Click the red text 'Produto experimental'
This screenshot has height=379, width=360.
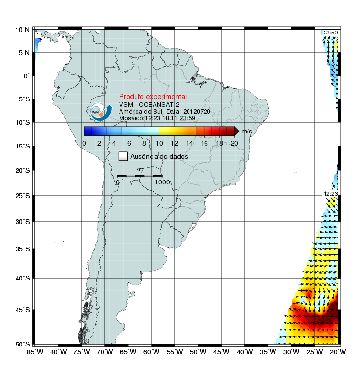[153, 97]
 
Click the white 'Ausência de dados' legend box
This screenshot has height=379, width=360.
[123, 156]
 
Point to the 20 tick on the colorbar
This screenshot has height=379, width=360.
[234, 143]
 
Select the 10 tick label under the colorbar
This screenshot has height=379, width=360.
[159, 143]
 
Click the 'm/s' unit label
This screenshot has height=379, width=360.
[246, 131]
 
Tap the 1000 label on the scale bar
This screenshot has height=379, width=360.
[162, 182]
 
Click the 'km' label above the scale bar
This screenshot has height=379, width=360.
[140, 169]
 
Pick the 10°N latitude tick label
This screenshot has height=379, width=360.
[22, 30]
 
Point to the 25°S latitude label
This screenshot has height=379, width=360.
[22, 196]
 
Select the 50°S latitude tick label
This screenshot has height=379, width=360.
[22, 344]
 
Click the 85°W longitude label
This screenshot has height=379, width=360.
[35, 351]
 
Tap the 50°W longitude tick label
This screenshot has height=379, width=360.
[198, 351]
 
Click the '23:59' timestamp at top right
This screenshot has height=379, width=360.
[330, 33]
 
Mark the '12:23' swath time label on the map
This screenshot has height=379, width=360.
[330, 194]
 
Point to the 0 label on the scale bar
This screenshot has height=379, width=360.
[117, 182]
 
